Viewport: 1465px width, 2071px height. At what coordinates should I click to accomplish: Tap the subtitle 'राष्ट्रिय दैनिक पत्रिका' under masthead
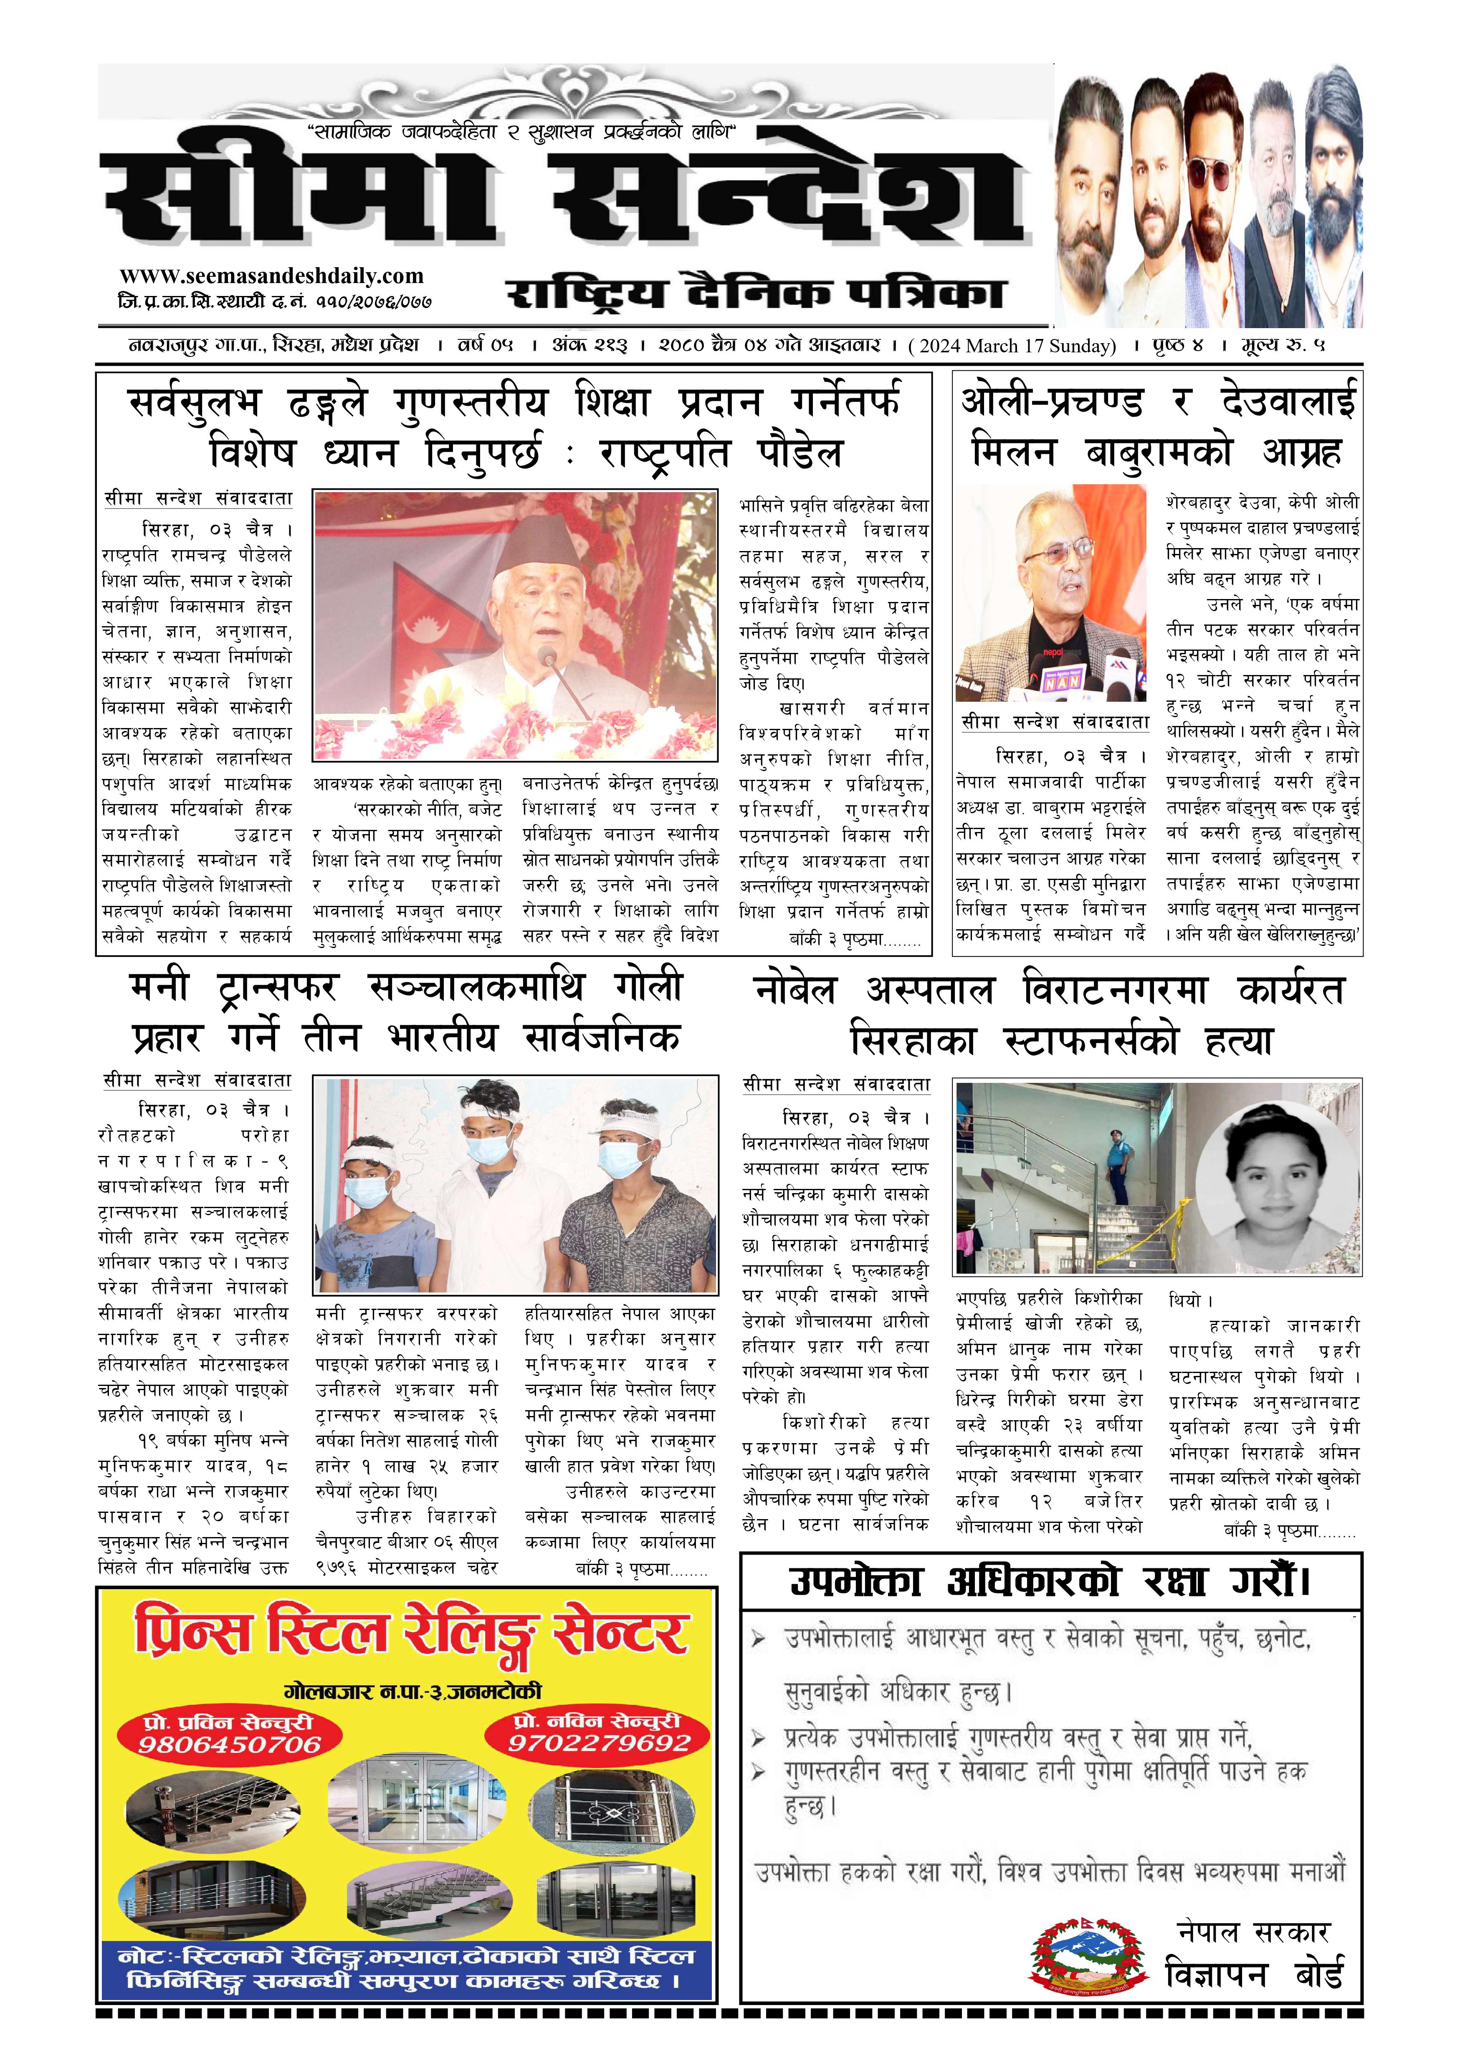(753, 294)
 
